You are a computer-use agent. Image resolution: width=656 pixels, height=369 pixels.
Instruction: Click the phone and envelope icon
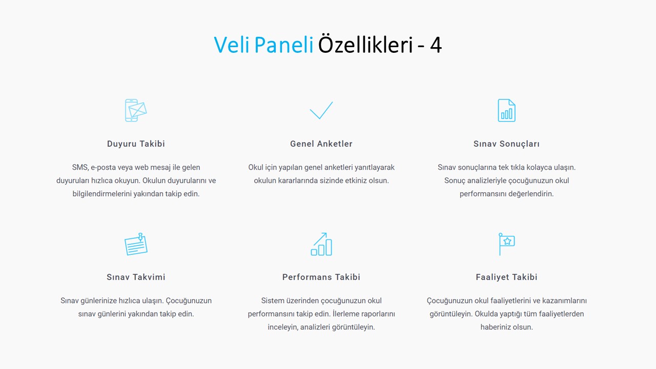tap(136, 110)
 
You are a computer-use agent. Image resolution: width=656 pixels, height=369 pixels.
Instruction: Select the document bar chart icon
tap(506, 110)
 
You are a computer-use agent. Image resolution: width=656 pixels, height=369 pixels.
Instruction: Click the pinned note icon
tap(136, 244)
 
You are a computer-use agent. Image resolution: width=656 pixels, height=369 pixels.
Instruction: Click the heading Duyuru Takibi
tap(136, 144)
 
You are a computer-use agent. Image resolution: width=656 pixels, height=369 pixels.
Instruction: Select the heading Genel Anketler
tap(321, 144)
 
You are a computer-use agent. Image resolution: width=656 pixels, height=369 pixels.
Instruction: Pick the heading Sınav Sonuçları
tap(506, 144)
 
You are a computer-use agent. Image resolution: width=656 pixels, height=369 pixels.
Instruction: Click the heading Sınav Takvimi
tap(136, 277)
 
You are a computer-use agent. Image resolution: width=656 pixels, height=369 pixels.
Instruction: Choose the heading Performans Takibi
tap(321, 277)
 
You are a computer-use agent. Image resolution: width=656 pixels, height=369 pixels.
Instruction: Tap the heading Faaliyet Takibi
tap(506, 277)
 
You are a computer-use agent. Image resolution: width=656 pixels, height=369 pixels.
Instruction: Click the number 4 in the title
tap(436, 45)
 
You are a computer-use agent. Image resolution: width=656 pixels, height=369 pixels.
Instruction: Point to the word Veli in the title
tap(232, 45)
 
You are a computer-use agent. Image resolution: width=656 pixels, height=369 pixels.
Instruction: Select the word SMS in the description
tap(80, 168)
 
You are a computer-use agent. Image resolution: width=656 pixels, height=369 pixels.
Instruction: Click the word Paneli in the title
tap(284, 45)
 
